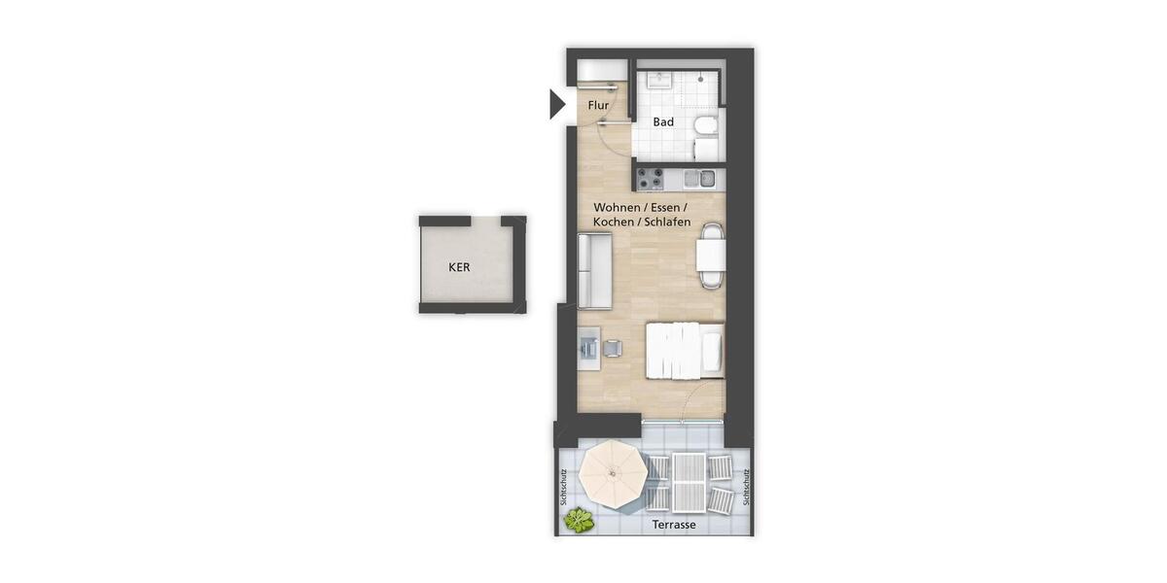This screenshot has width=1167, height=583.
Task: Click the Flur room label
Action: tap(598, 105)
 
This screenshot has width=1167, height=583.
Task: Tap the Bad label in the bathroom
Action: tap(663, 122)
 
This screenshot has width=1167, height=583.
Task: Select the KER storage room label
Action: tap(459, 266)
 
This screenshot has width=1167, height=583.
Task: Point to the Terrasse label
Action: tap(675, 525)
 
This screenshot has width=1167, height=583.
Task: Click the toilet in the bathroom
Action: tap(706, 125)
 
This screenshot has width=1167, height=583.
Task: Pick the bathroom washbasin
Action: tap(659, 80)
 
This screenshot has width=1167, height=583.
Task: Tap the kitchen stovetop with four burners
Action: tap(650, 178)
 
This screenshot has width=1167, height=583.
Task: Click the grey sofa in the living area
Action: tap(594, 271)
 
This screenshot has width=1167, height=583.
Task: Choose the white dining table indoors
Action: tap(711, 256)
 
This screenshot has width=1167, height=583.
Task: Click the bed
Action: tap(685, 350)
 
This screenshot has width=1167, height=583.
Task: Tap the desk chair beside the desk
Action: tap(614, 348)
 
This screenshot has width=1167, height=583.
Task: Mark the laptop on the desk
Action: tap(588, 345)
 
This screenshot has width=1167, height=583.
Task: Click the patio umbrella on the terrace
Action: tap(613, 473)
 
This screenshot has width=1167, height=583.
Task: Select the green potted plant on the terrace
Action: tap(580, 520)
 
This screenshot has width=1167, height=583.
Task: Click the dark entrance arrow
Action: tap(557, 103)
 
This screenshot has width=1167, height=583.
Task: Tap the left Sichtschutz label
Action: tap(564, 488)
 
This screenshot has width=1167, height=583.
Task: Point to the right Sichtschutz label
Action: tap(746, 488)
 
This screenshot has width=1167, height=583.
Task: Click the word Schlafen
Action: tap(666, 223)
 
